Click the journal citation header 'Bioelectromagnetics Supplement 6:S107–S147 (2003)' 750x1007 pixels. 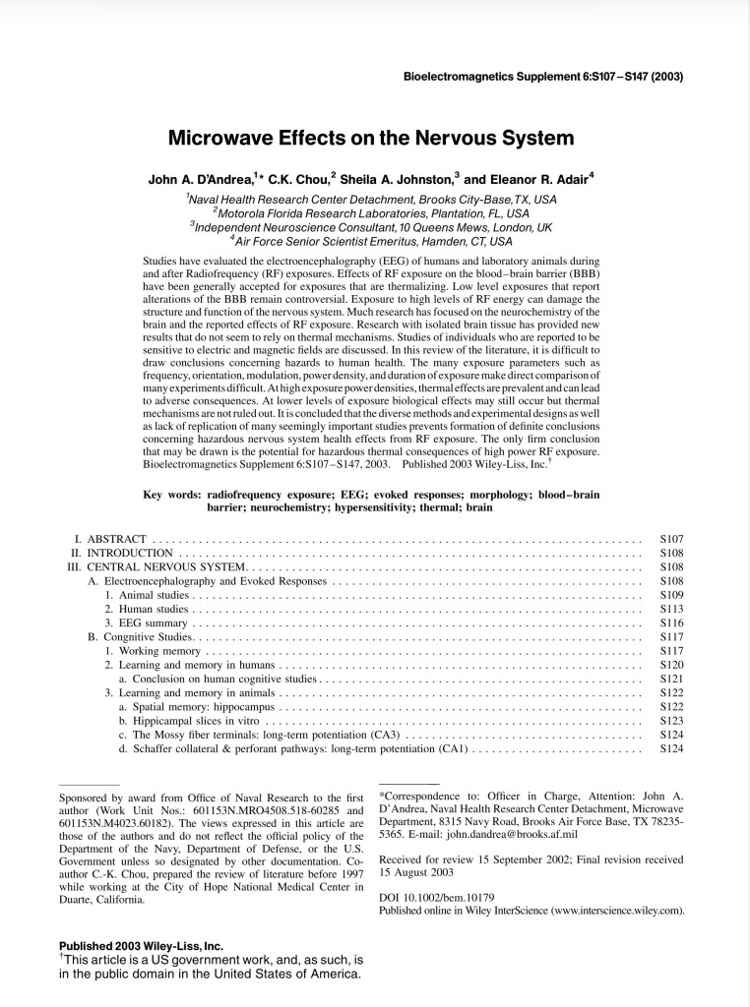point(544,77)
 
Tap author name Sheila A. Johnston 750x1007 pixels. point(401,180)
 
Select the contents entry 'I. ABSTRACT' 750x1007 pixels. point(110,539)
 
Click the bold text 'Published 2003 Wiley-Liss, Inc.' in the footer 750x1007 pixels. point(141,946)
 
